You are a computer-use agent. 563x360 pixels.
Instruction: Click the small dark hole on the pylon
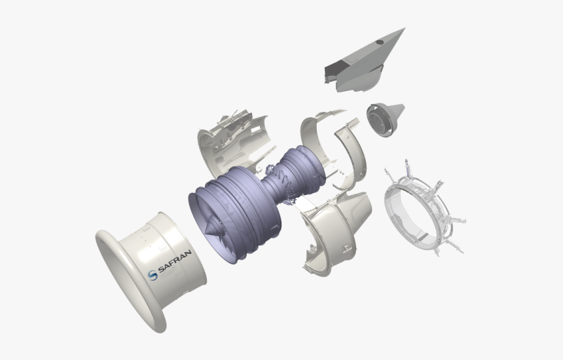[x=379, y=43]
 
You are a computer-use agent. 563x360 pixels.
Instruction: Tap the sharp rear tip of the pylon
[x=403, y=29]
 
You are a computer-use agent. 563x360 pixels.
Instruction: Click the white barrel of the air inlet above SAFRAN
[x=164, y=236]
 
